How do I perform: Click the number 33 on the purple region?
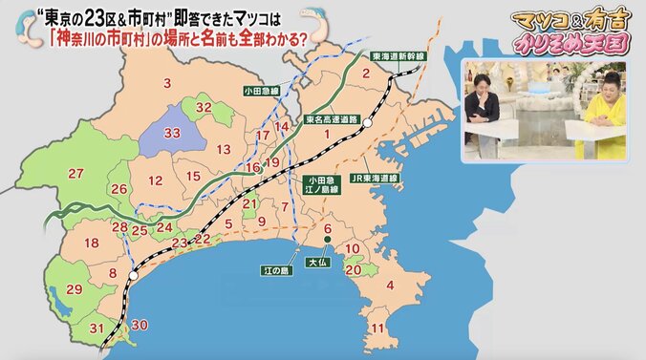(x=174, y=136)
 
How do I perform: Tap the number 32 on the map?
(x=204, y=107)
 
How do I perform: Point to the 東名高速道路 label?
(x=332, y=120)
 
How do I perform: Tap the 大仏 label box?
(x=316, y=260)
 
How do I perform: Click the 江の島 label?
(x=276, y=270)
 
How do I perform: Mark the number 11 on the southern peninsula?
(x=378, y=328)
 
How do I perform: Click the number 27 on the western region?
(x=76, y=173)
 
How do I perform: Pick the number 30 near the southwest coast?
(x=140, y=326)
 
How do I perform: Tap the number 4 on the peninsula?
(x=389, y=284)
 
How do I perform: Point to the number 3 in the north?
(x=167, y=84)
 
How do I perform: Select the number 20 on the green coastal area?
(x=353, y=269)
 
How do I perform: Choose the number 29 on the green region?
(x=74, y=288)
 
